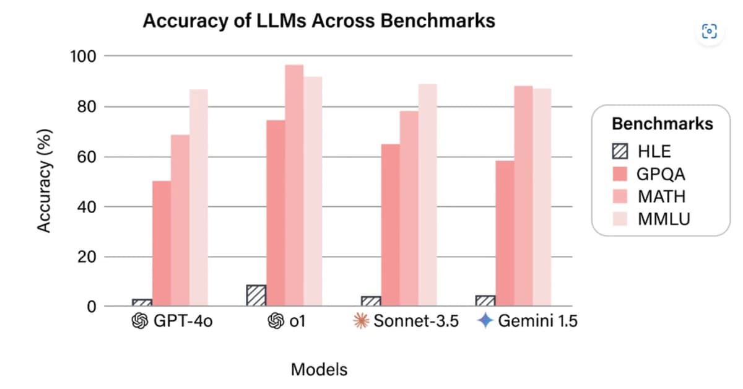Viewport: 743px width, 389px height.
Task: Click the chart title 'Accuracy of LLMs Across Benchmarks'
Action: tap(319, 20)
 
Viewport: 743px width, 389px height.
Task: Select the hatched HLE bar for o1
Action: tap(256, 295)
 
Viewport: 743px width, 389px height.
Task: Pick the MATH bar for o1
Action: tap(294, 185)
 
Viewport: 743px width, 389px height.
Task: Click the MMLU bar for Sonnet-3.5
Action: tap(427, 195)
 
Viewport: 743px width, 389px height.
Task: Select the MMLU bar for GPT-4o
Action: tap(199, 198)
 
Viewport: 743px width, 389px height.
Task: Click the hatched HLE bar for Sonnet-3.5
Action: tap(371, 301)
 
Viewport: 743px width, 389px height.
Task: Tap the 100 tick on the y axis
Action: tap(83, 56)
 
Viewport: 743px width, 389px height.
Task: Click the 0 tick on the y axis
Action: tap(90, 306)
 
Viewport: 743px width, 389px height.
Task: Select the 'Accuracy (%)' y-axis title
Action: tap(43, 181)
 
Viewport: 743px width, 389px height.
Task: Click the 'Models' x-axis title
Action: tap(319, 370)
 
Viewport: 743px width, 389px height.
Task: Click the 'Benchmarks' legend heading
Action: tap(662, 124)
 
